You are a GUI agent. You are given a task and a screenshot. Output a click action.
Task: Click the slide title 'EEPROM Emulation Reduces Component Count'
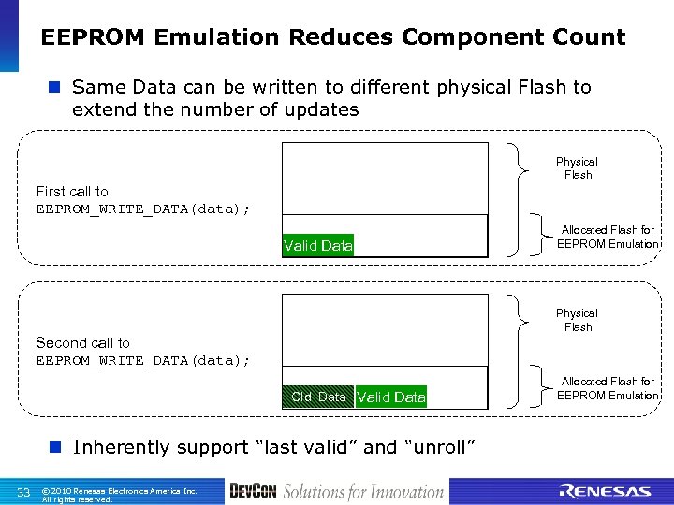click(x=332, y=38)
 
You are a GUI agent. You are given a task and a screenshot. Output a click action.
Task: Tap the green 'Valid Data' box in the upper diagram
click(x=317, y=245)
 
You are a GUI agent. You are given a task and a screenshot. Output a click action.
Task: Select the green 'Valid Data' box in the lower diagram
click(x=391, y=397)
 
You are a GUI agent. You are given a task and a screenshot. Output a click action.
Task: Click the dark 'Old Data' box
click(x=318, y=397)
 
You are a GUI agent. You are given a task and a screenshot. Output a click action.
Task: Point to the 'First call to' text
click(x=72, y=191)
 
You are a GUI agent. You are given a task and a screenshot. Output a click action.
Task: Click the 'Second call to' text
click(x=82, y=342)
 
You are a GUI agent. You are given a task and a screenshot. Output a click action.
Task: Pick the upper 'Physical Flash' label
click(x=577, y=168)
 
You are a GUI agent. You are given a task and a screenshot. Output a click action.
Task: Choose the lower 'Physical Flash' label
click(x=577, y=320)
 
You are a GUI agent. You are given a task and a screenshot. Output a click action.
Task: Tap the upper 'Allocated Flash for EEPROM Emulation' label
click(x=607, y=237)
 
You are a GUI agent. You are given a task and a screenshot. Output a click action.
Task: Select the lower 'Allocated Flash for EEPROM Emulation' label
click(x=607, y=388)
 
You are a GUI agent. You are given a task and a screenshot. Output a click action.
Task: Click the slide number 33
click(x=24, y=492)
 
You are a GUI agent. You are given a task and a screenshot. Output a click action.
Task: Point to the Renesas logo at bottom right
click(x=604, y=492)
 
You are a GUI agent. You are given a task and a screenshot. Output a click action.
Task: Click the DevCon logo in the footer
click(x=253, y=492)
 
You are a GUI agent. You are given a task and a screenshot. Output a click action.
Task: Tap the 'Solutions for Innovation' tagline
click(x=363, y=492)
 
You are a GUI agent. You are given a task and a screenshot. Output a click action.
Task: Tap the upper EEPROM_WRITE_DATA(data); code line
click(x=142, y=209)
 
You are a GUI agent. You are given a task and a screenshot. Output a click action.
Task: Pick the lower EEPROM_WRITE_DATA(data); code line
click(x=142, y=360)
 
